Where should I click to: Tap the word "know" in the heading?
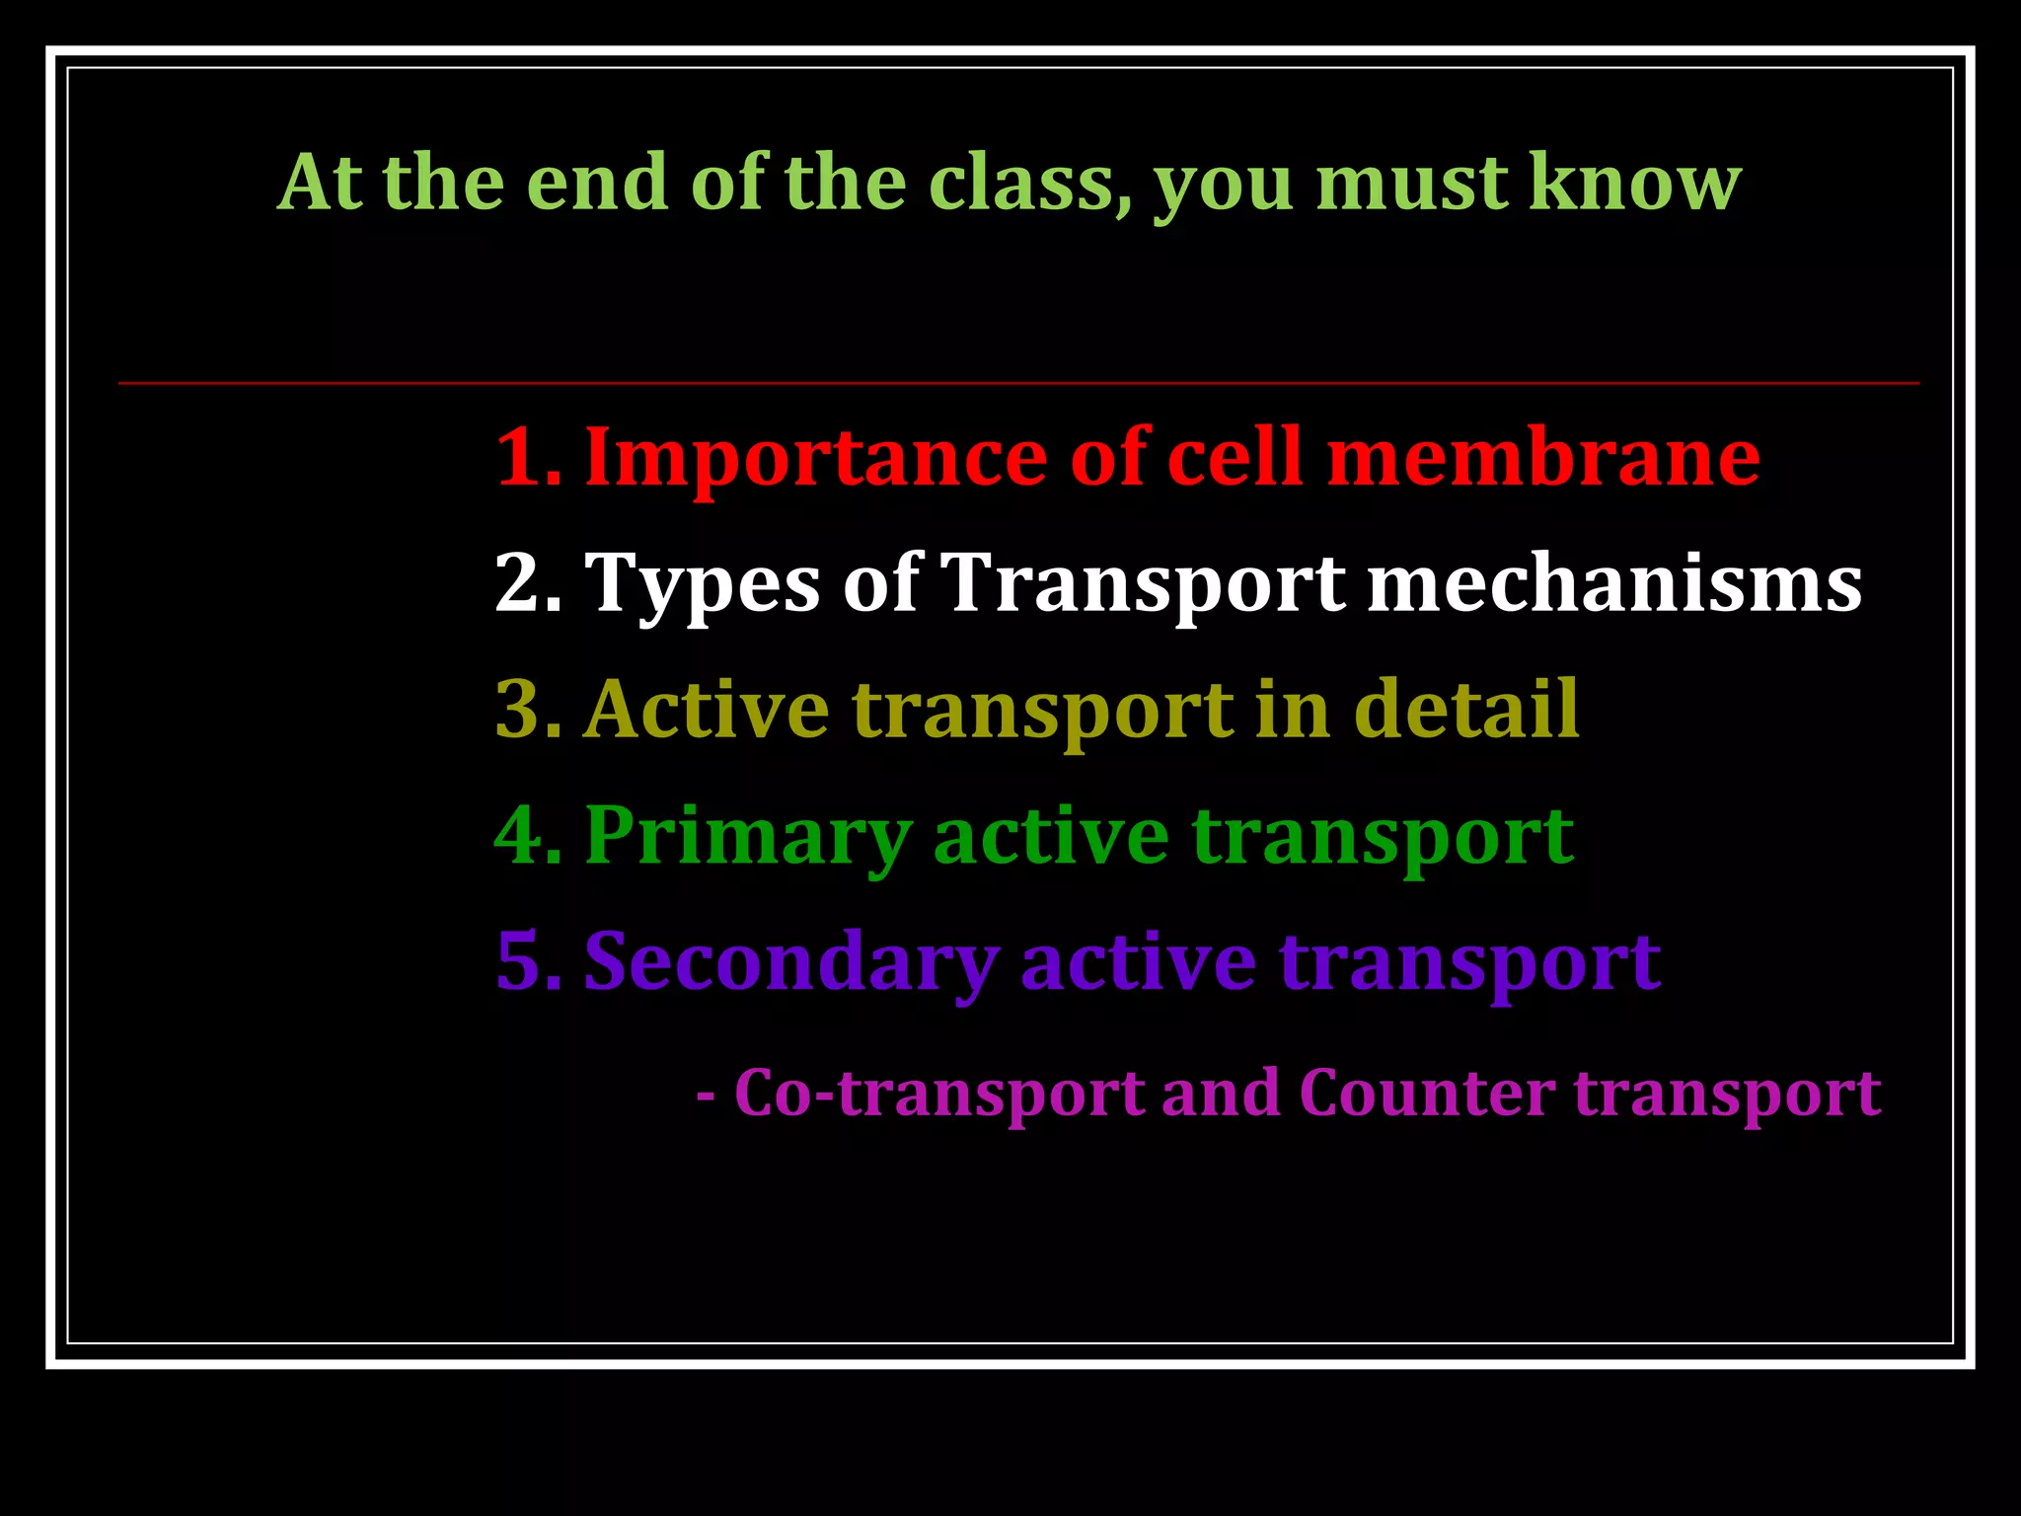1634,184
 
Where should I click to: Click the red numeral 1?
523,458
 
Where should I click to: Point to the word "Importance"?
815,458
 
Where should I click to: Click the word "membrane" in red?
1542,458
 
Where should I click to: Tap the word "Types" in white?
702,584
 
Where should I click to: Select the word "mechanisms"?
1613,584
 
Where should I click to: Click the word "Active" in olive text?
707,710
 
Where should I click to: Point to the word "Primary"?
747,836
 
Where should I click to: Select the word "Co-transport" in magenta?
939,1094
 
